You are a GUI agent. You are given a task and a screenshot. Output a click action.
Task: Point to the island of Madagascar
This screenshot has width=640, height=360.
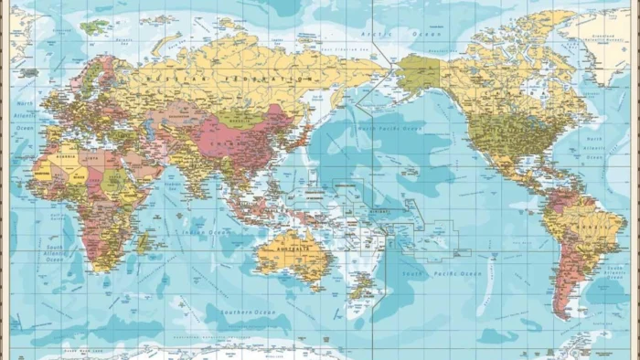[x=143, y=243]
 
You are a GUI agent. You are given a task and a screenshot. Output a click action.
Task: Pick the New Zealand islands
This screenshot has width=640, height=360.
[x=363, y=286]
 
